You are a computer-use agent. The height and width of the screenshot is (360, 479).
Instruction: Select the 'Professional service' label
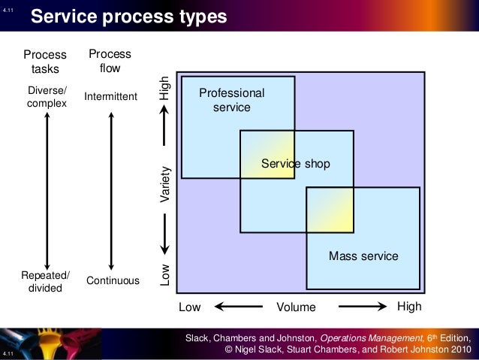231,100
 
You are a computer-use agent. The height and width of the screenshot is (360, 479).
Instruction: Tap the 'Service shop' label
295,163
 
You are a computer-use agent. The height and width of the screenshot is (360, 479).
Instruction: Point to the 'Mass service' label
363,257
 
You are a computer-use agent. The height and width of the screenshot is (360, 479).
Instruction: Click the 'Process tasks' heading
45,62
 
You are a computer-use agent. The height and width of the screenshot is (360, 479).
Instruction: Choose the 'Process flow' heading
110,61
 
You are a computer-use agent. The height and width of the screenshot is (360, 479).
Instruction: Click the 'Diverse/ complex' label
47,97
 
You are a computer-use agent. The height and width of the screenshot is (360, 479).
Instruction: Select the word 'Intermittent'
111,97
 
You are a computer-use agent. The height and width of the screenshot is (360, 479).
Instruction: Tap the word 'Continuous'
113,281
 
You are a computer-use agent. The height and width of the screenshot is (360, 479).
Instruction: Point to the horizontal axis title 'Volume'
297,307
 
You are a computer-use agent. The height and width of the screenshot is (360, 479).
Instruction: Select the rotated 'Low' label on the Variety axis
167,275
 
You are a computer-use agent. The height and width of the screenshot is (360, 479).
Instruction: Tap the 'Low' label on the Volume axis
190,307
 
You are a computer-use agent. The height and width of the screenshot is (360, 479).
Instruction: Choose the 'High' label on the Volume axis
409,307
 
